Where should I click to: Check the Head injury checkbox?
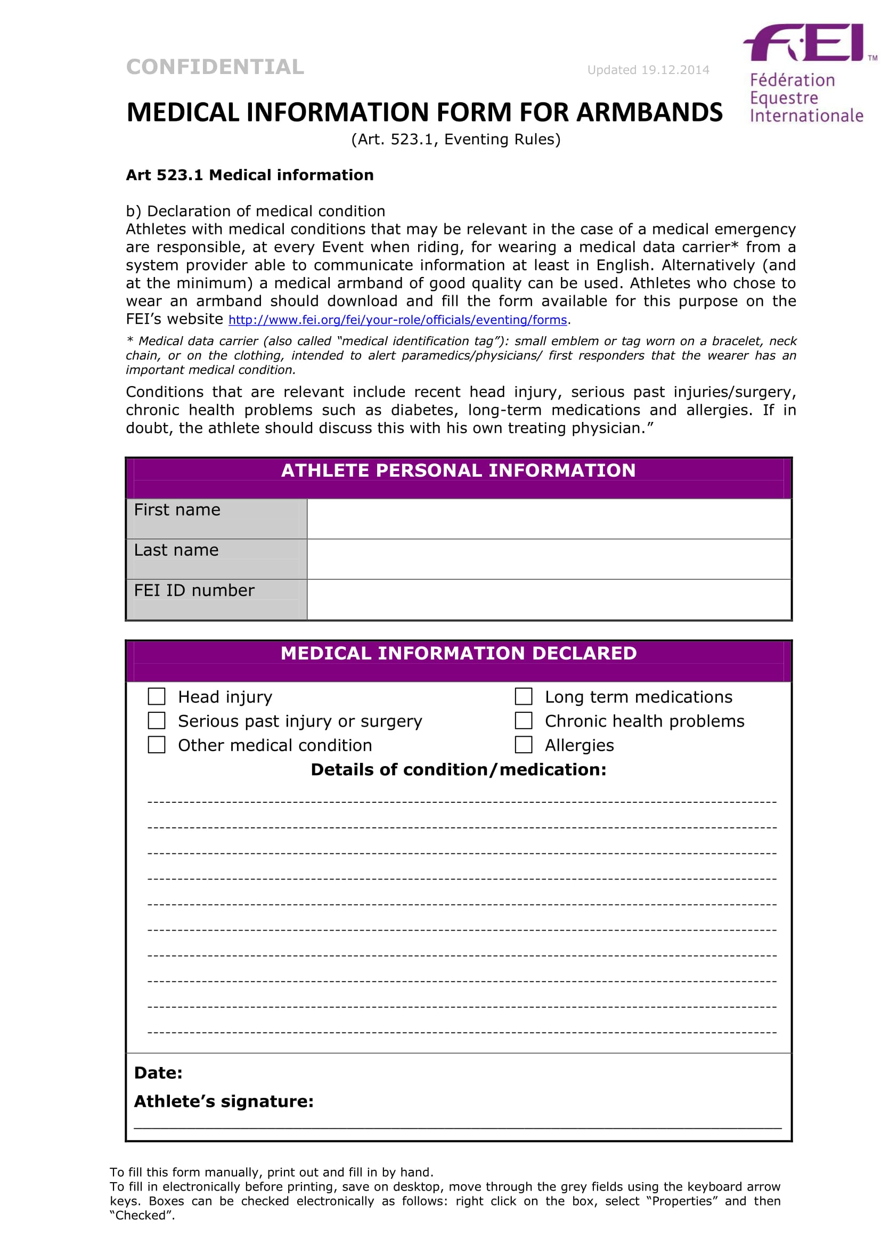(157, 696)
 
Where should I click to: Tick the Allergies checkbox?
(524, 745)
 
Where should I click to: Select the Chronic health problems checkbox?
(524, 721)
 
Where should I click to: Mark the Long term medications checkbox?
(524, 696)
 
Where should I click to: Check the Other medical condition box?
(157, 745)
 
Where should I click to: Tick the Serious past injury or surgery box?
(157, 721)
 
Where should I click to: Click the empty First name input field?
(549, 519)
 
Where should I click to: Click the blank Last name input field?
(549, 559)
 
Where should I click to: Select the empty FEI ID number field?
(549, 599)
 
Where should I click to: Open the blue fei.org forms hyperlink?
(398, 320)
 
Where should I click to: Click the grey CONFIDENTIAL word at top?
(215, 67)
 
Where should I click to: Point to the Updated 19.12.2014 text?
(648, 70)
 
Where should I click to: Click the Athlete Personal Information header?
(459, 470)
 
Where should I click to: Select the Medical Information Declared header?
(459, 653)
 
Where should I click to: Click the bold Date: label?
(158, 1073)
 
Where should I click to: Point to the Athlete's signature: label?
(224, 1102)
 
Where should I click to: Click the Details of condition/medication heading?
(459, 770)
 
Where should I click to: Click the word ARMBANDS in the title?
(649, 113)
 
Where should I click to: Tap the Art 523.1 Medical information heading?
(249, 175)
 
